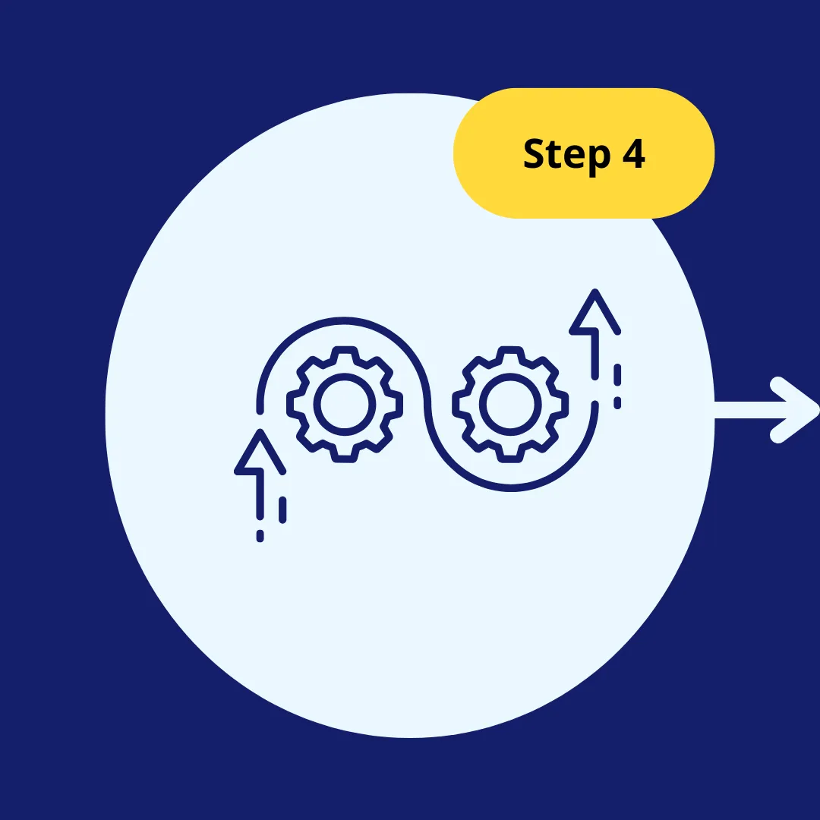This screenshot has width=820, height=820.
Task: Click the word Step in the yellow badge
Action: coord(567,155)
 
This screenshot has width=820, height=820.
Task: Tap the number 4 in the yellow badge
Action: coord(634,153)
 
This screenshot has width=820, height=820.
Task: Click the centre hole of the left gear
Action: coord(345,404)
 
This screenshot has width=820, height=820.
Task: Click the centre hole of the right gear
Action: coord(510,404)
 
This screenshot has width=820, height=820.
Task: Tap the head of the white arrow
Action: coord(795,410)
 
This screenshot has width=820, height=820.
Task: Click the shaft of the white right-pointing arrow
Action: coord(750,410)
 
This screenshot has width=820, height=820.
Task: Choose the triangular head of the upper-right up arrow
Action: coord(595,312)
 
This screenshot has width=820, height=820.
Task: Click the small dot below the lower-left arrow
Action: coord(260,536)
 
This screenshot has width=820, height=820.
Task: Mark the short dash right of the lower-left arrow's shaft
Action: coord(282,510)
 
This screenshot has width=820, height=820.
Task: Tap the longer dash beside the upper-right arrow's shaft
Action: coord(617,375)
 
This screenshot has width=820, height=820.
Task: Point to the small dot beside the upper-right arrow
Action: coord(617,402)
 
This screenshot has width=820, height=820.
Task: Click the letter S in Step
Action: coord(535,153)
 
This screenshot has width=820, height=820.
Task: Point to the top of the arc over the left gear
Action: coord(344,320)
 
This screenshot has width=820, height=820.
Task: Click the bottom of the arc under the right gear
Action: coord(510,488)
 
